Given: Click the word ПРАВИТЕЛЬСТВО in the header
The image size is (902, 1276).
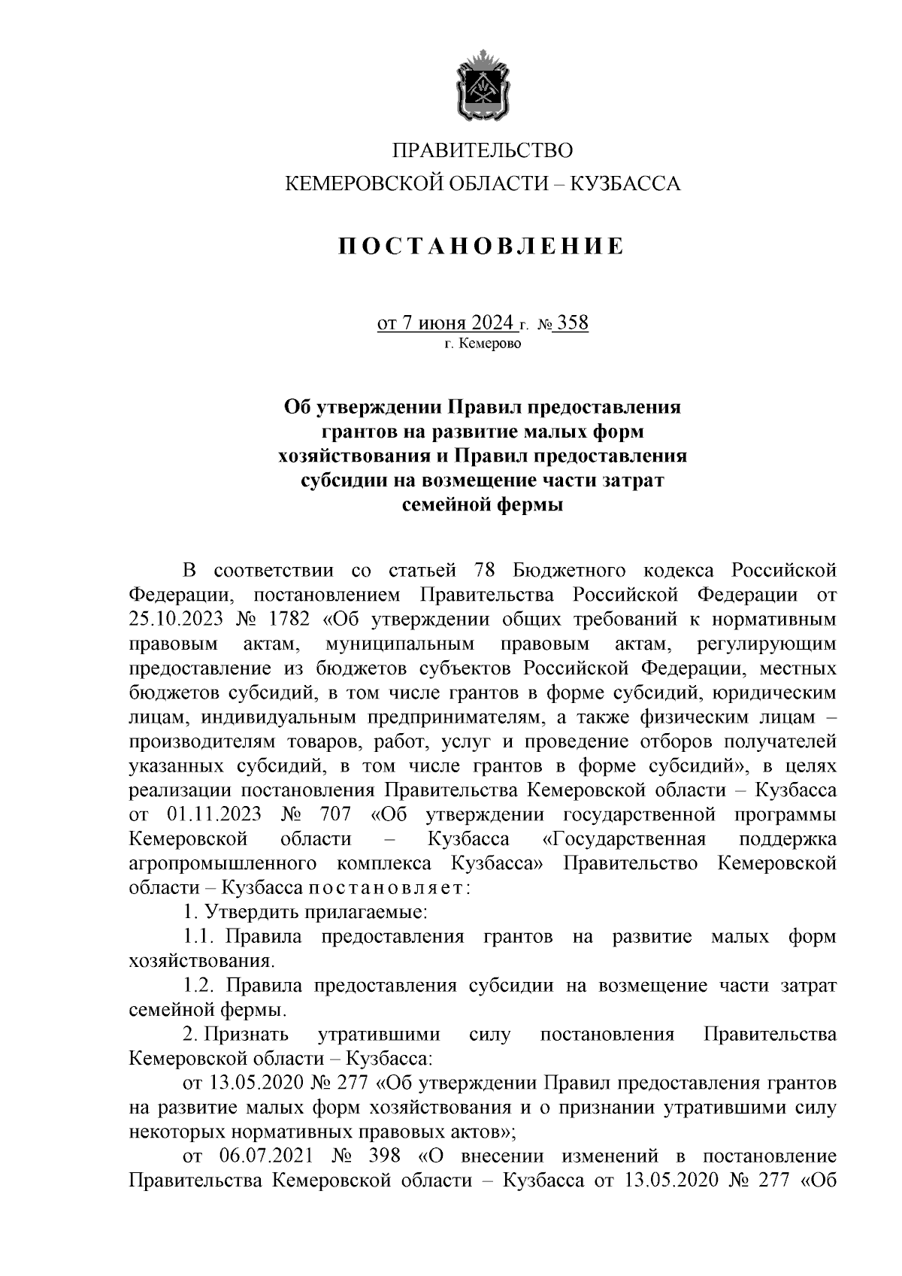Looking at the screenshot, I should click(483, 151).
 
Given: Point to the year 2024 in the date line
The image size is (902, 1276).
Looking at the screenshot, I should click(492, 324).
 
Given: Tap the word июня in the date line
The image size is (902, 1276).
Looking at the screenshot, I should click(443, 324).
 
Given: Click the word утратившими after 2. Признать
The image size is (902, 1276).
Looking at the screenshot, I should click(378, 1035).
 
